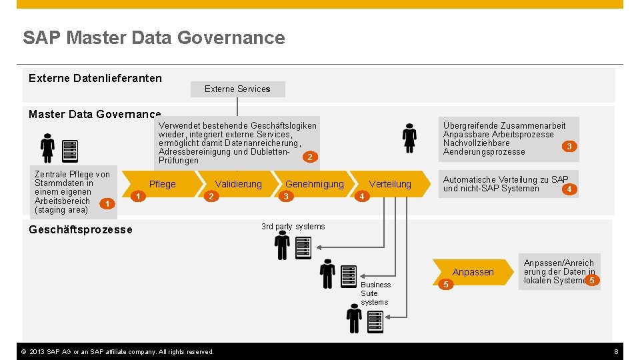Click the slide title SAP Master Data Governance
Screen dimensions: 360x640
click(153, 38)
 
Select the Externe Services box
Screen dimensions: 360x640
click(237, 89)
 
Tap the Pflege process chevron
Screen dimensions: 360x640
click(163, 184)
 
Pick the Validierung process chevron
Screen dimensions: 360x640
click(238, 184)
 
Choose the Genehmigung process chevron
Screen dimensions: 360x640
click(314, 184)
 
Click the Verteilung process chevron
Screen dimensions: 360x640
click(390, 184)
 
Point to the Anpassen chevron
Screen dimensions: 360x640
click(473, 272)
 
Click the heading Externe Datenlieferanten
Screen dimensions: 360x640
click(95, 78)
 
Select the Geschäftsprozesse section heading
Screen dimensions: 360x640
click(81, 229)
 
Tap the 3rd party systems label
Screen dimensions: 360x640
click(293, 227)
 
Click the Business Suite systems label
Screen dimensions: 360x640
click(375, 293)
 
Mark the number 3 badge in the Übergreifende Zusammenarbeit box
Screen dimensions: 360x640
click(569, 146)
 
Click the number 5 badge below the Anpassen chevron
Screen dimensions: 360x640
click(447, 285)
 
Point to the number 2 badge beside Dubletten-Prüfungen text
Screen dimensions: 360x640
click(309, 157)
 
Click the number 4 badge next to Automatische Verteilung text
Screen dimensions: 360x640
click(568, 189)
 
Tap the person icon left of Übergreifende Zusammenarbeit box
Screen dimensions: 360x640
click(409, 139)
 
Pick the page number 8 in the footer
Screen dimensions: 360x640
click(616, 351)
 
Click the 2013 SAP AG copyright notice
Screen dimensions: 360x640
click(117, 351)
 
